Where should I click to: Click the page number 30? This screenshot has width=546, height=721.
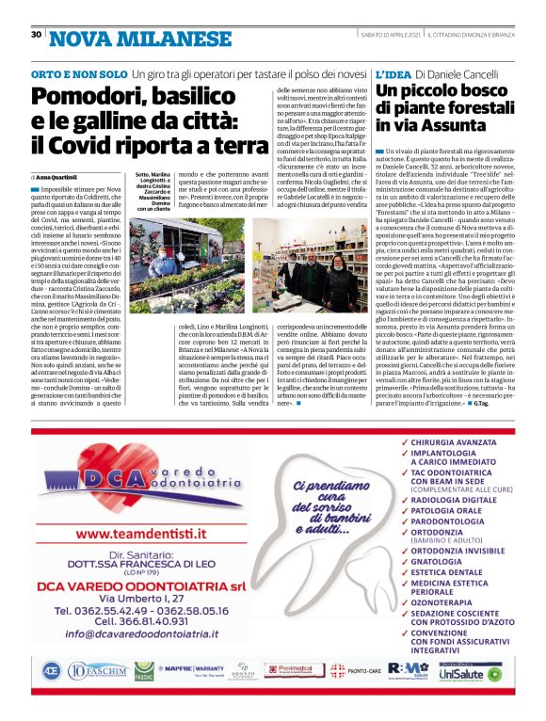pos(35,35)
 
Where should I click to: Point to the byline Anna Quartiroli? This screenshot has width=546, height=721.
pos(57,176)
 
